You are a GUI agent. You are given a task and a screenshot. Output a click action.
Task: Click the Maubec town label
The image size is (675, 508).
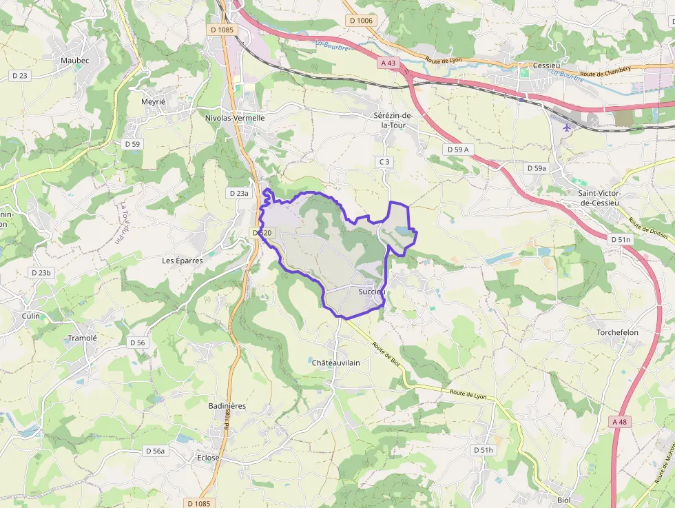point(75,61)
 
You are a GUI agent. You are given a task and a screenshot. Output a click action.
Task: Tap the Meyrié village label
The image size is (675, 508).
point(153,101)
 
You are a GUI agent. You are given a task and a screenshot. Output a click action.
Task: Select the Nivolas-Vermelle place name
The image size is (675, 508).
point(235,118)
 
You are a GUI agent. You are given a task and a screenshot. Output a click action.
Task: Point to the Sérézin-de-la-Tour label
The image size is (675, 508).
point(392,120)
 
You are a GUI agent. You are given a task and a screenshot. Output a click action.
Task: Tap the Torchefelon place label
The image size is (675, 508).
point(617,332)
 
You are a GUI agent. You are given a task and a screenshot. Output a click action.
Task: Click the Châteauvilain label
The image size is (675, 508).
point(336,363)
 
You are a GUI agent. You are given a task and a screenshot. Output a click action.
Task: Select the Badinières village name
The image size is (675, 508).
point(227,406)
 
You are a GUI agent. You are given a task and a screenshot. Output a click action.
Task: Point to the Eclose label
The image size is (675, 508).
point(208,458)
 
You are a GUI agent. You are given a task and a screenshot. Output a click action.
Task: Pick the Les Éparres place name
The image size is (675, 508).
point(183,261)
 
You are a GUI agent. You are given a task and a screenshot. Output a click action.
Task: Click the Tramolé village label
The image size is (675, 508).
point(83,338)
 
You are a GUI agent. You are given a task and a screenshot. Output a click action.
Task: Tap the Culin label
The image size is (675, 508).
point(32,315)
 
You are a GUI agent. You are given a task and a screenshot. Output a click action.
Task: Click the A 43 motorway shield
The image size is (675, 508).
point(389,63)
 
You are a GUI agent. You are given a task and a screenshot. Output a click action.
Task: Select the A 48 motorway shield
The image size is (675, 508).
point(620,421)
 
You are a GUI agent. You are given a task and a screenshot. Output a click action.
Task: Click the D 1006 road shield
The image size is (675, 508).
point(361,21)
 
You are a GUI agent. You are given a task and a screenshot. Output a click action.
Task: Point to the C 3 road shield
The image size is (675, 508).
point(384,162)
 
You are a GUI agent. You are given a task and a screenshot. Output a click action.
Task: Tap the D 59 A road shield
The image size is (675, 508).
point(457,149)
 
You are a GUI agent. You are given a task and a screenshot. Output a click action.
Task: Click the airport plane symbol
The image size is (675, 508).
point(566,127)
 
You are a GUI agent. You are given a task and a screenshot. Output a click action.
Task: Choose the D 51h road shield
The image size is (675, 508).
point(484,450)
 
